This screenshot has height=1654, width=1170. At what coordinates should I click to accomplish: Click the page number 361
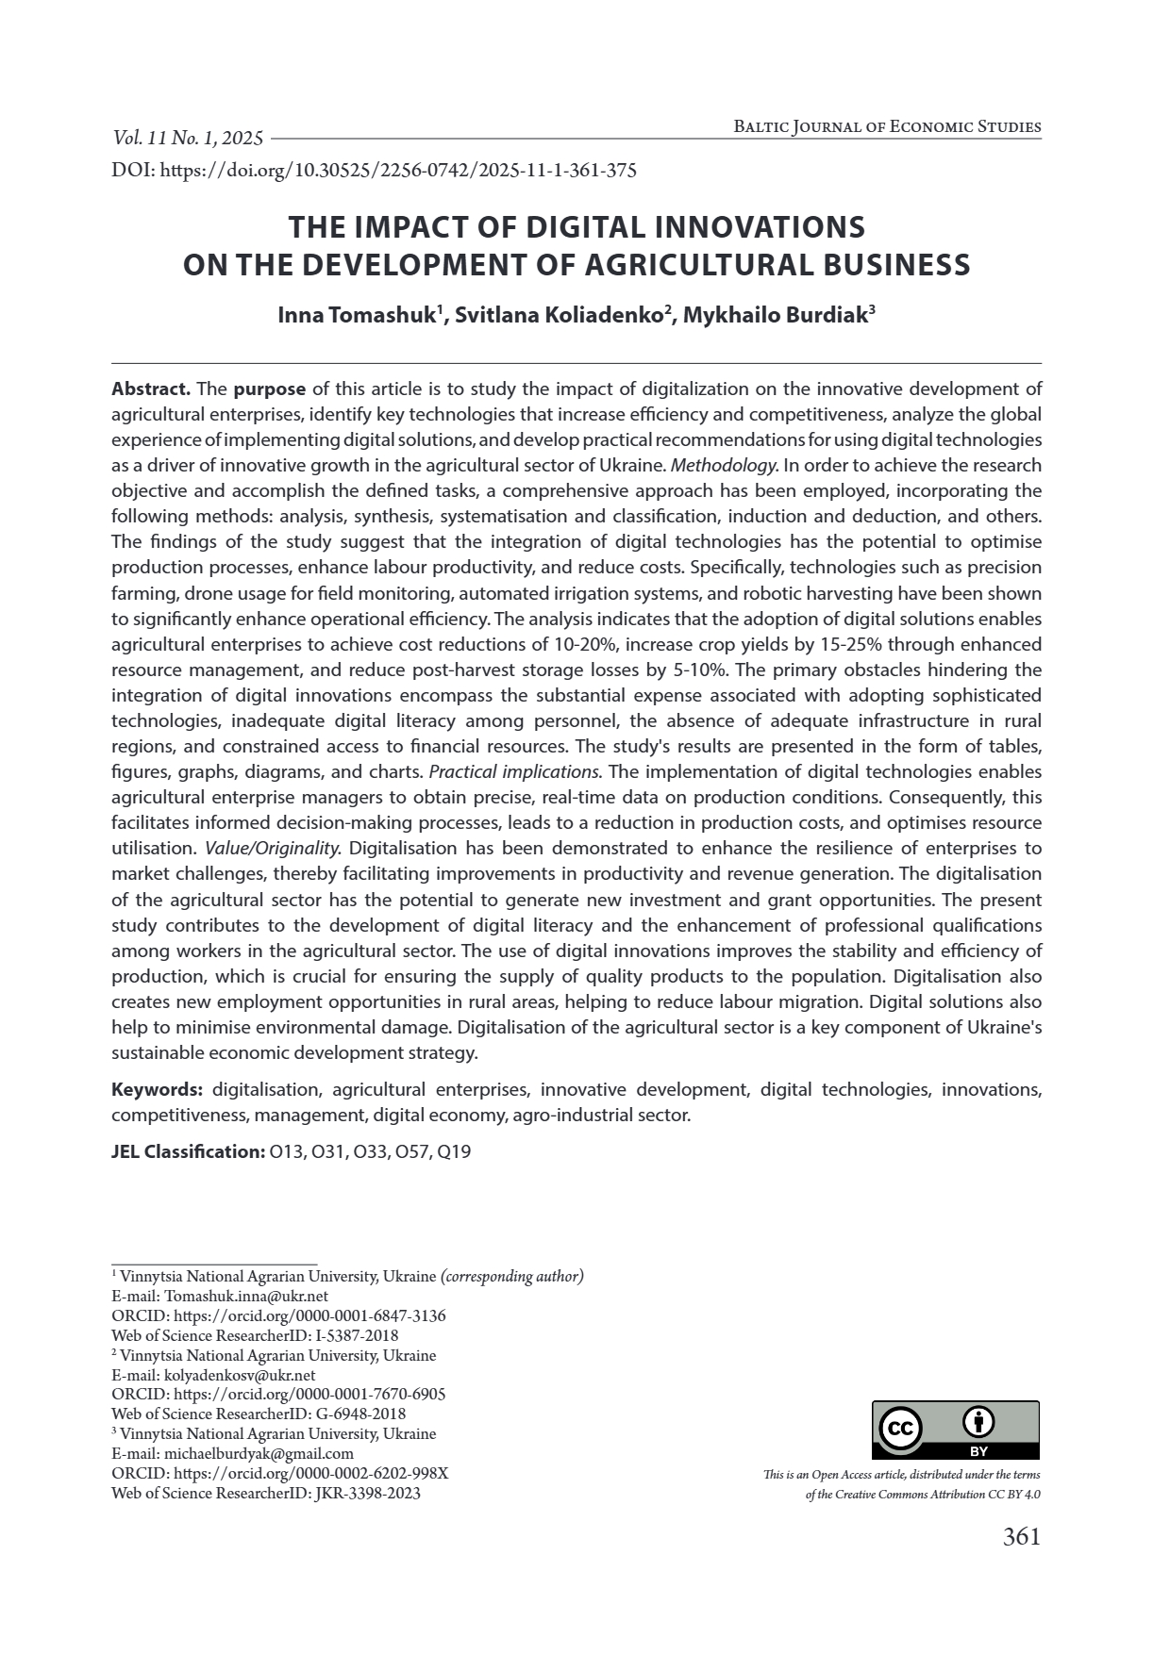pos(1021,1537)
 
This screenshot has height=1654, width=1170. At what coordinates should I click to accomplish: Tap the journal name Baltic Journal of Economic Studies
pos(887,127)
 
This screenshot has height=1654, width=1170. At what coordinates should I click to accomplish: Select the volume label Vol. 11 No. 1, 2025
pos(188,139)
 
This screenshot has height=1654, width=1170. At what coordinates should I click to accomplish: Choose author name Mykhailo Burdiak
pos(775,315)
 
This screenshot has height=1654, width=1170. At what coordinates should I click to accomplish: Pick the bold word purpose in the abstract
pos(269,389)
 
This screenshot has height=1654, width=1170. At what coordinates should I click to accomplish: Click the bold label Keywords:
pos(157,1089)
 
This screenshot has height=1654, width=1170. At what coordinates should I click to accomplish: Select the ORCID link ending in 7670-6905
pos(310,1394)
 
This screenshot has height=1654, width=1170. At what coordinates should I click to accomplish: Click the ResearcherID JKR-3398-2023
pos(367,1493)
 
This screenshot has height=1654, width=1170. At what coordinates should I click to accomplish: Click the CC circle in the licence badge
pos(900,1430)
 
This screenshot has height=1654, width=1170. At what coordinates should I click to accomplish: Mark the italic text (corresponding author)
pos(512,1276)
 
